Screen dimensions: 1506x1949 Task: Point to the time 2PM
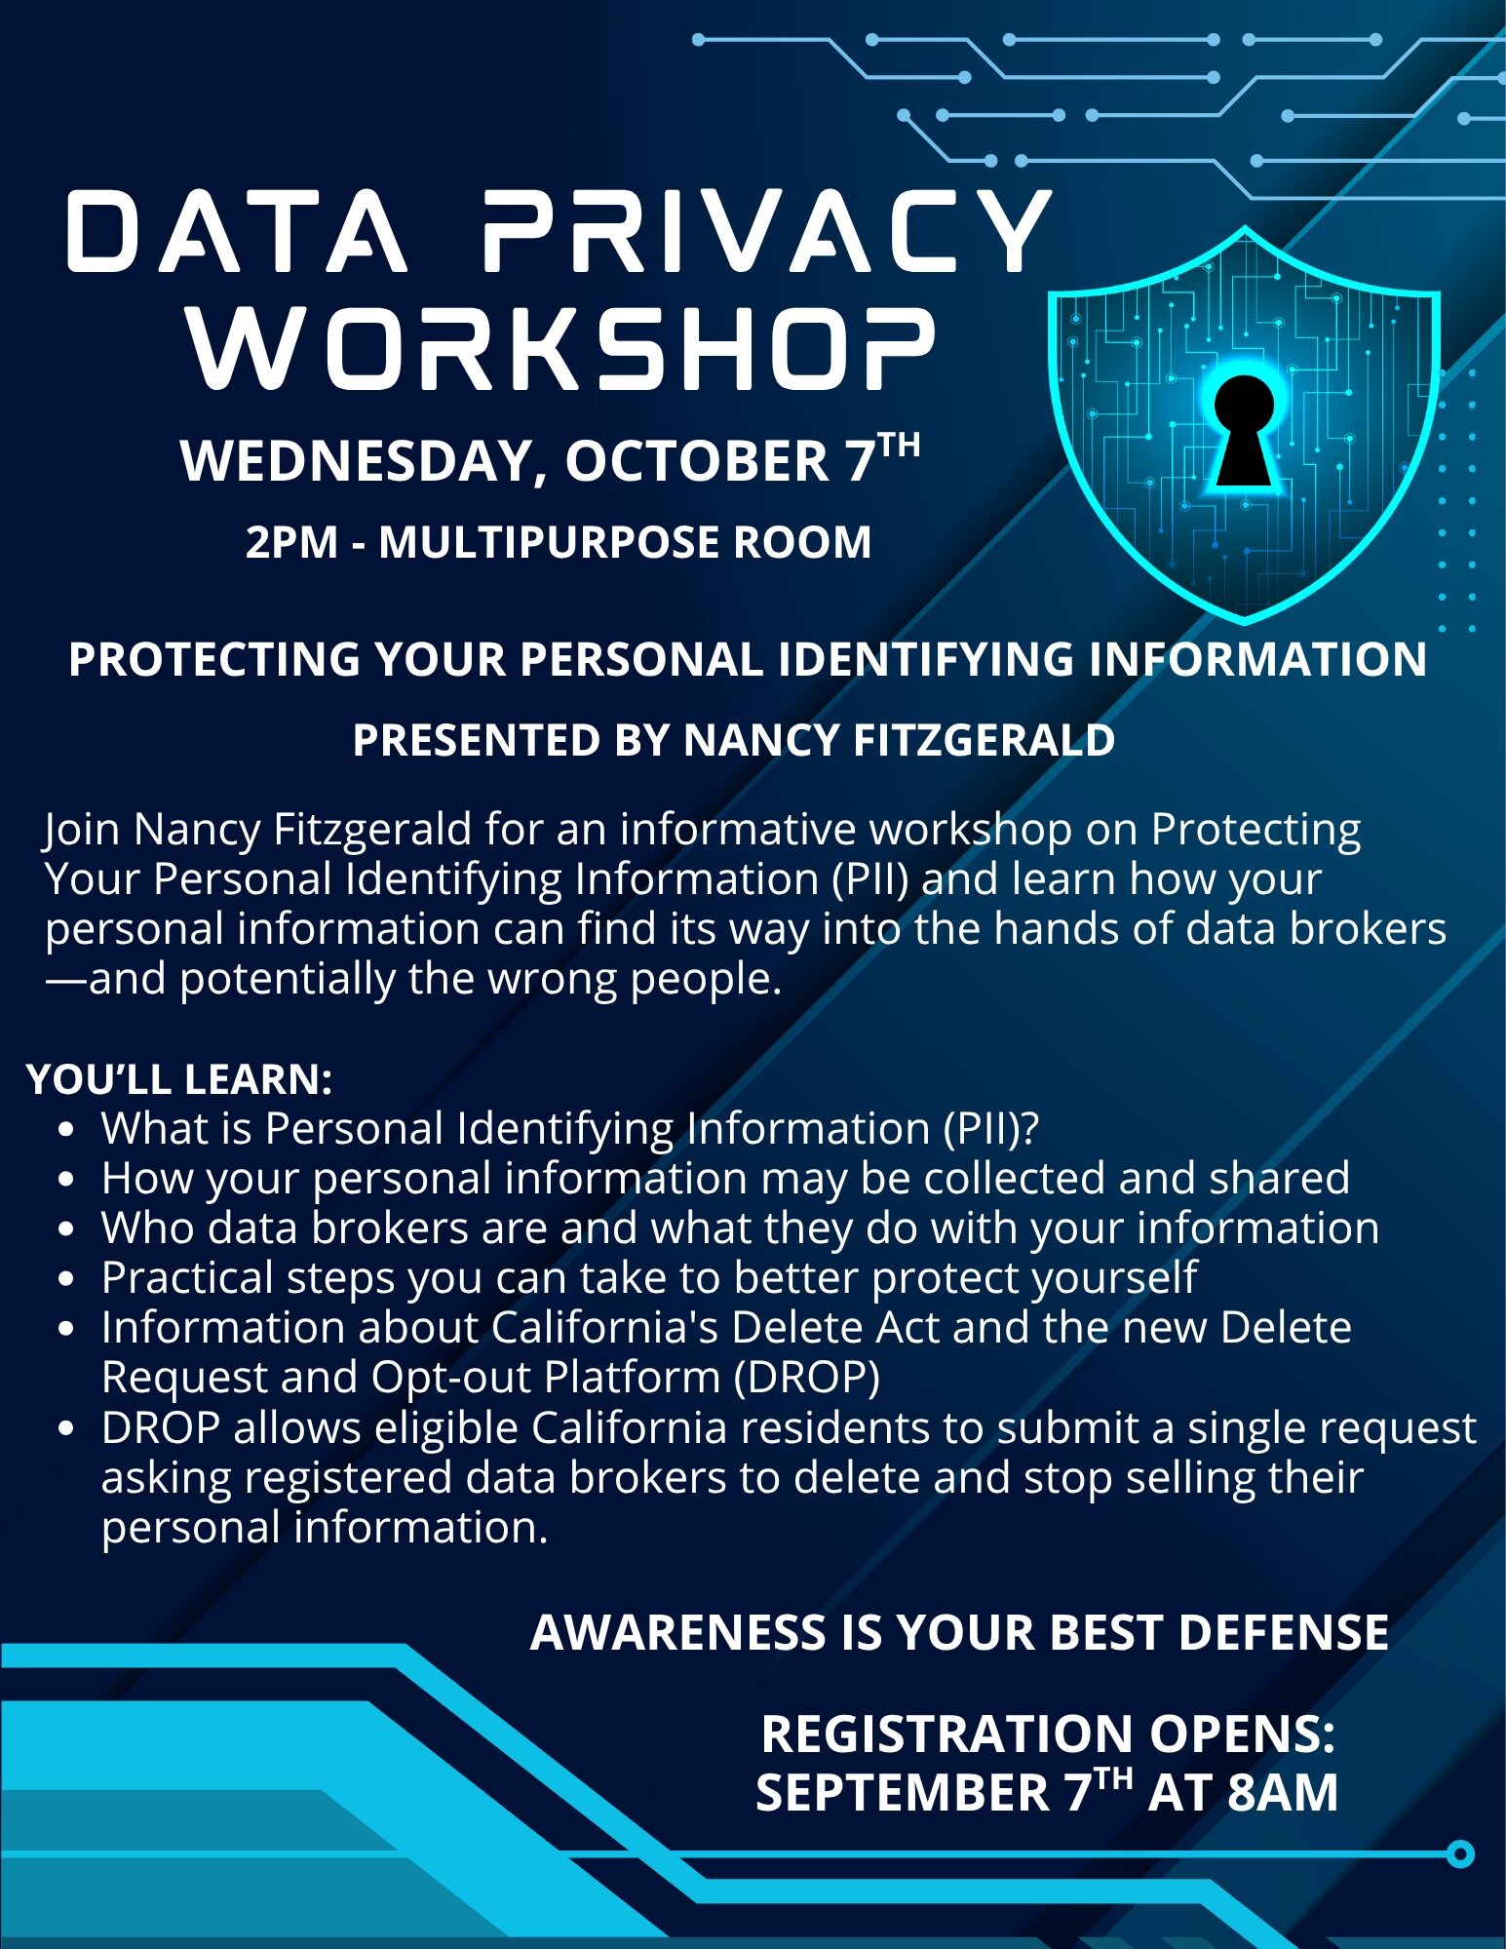click(291, 542)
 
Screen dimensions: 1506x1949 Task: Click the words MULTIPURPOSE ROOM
click(625, 542)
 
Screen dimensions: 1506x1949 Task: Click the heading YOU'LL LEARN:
click(180, 1079)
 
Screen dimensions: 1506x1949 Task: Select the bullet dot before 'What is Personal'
click(66, 1130)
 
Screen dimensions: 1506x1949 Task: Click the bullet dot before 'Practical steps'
click(66, 1279)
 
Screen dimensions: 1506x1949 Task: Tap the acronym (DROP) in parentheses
click(807, 1377)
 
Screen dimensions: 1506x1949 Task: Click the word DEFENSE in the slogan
click(1284, 1632)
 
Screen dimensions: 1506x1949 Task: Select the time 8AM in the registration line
click(1283, 1792)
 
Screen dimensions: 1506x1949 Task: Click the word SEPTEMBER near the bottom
click(903, 1792)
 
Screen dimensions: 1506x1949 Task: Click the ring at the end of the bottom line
click(1459, 1853)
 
